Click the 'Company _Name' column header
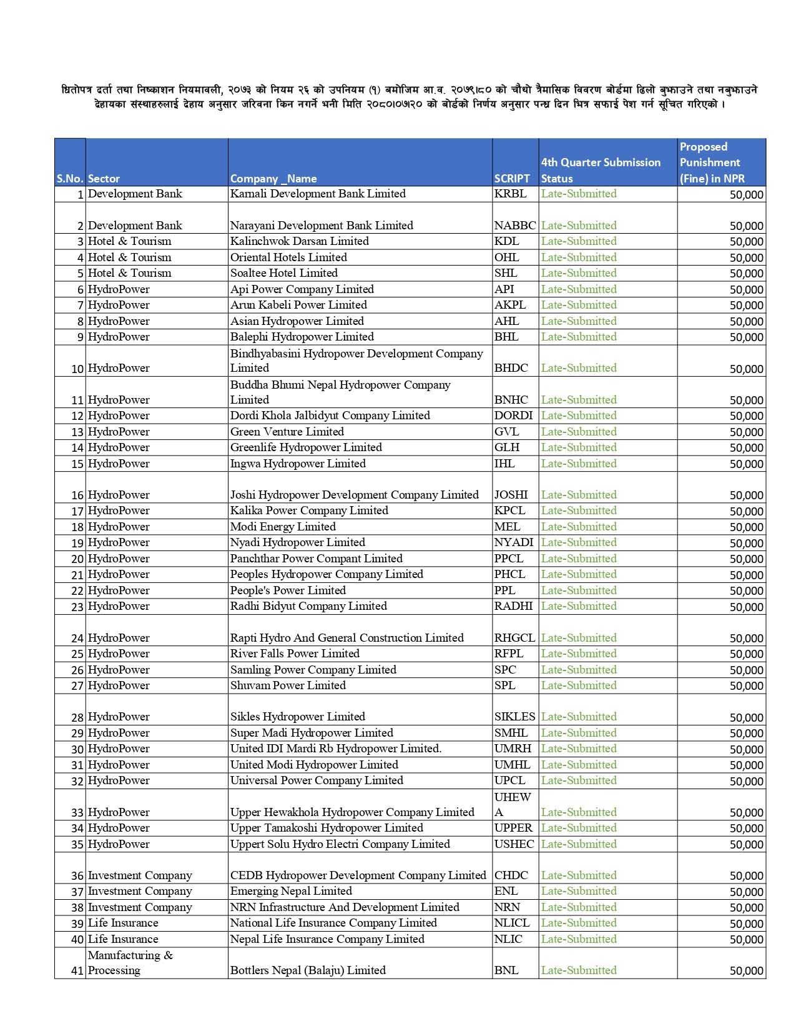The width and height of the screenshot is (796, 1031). [273, 179]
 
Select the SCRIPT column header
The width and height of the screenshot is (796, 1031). [512, 179]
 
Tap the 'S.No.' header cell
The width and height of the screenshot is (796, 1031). [70, 179]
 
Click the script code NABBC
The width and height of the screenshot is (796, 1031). [515, 226]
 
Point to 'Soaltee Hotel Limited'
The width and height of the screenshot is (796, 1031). [283, 273]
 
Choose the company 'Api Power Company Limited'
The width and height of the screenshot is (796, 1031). [302, 289]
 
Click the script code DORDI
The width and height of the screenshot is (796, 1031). [513, 416]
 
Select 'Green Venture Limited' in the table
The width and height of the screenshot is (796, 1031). [287, 432]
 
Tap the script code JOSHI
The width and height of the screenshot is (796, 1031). [511, 495]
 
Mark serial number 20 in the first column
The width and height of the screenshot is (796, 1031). [77, 559]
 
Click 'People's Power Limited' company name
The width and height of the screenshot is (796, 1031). [287, 590]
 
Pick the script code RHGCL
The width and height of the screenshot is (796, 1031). [514, 638]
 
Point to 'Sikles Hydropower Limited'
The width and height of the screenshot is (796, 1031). [297, 717]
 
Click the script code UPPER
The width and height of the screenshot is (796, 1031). [513, 828]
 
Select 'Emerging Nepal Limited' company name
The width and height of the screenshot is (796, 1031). [291, 891]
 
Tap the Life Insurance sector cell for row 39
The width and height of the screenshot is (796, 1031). [123, 923]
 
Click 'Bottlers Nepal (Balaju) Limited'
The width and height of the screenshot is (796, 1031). [308, 970]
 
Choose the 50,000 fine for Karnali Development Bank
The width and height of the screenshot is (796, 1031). [746, 195]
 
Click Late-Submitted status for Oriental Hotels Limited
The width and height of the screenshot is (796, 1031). [579, 257]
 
